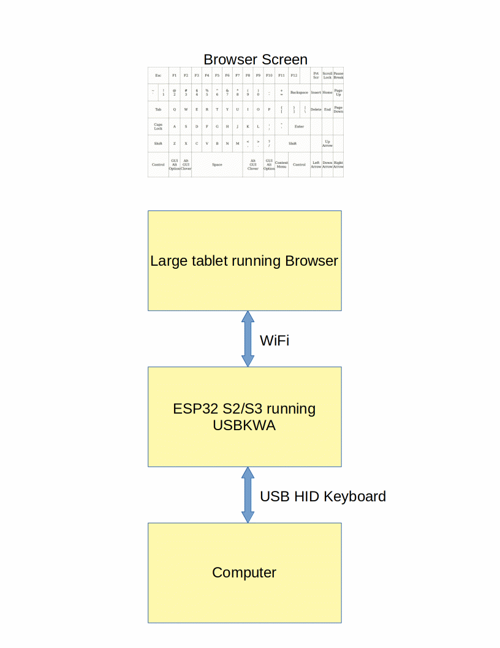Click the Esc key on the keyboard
[158, 75]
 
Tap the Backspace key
[299, 92]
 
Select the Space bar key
[217, 164]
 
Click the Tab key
[158, 109]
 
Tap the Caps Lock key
[158, 126]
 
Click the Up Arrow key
[327, 143]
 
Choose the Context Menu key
[281, 164]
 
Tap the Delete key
[316, 109]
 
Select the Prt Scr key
[316, 75]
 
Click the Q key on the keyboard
[175, 109]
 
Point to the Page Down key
[338, 109]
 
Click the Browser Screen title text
[256, 60]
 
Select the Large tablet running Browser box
[244, 261]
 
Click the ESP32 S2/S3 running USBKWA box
[244, 417]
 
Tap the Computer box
[244, 573]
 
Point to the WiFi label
[275, 341]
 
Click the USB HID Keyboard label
[323, 496]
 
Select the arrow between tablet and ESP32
[248, 339]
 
